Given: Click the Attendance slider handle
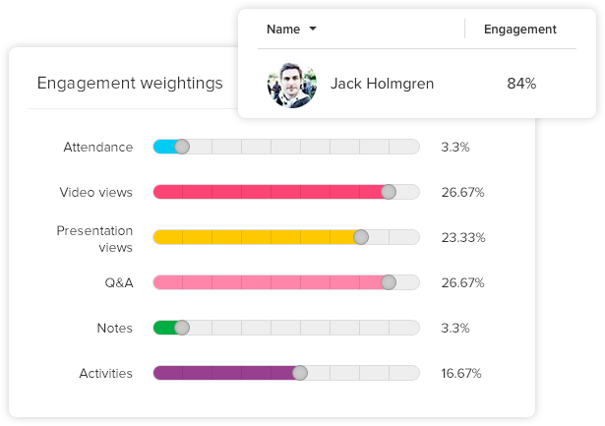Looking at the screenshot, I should (181, 147).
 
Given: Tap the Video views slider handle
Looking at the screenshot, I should (389, 192).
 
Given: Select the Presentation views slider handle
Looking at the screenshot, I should (361, 237).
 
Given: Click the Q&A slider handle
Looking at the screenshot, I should (389, 282).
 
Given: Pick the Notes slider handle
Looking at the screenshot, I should (181, 328).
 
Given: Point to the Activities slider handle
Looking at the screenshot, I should (300, 373).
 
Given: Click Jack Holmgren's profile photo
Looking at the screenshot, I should (292, 84).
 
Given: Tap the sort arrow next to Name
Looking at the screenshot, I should (313, 30).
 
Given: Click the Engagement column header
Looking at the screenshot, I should (519, 30).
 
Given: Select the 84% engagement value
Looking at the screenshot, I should (520, 84).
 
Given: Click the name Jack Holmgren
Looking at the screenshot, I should (382, 84).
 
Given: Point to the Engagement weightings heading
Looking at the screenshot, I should (130, 83).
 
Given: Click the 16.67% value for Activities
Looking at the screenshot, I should (462, 373).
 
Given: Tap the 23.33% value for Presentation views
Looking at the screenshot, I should (462, 237).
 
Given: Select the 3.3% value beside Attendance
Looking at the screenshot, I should (455, 147).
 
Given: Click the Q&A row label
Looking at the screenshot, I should (118, 282).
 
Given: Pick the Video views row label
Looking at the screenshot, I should (95, 192).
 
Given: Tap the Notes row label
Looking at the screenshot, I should (115, 328).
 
